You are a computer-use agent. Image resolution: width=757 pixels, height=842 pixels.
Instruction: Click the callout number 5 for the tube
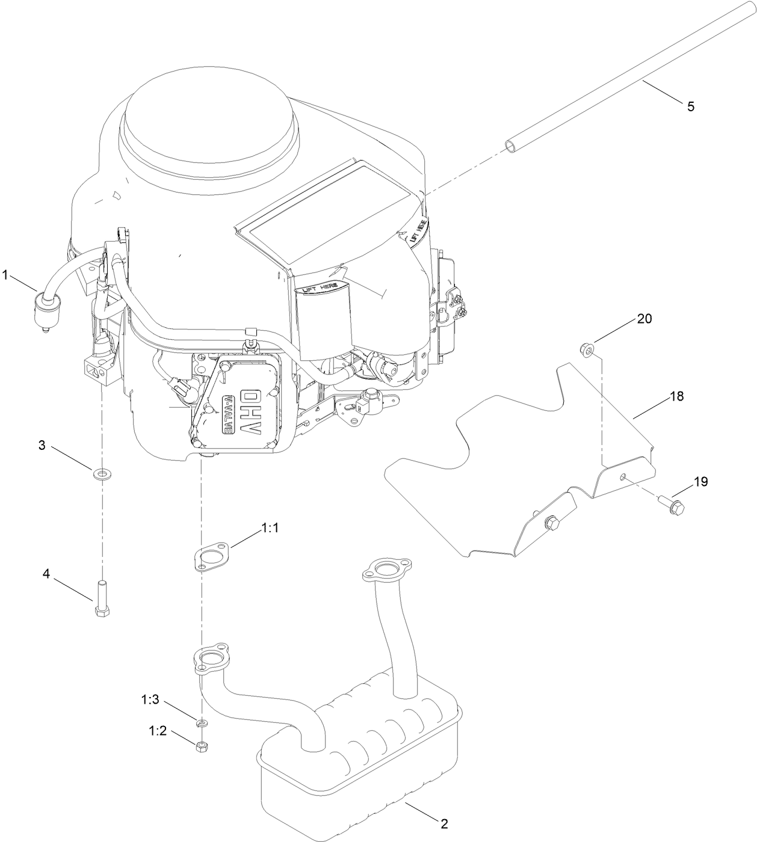(x=690, y=106)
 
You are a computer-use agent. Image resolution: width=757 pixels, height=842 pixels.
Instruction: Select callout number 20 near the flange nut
(x=644, y=319)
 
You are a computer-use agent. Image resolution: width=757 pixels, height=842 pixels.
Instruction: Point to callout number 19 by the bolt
(x=700, y=482)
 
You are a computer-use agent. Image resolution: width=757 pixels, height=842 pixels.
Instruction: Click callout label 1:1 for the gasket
(x=270, y=528)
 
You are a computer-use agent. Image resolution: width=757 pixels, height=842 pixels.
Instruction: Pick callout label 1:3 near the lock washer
(x=150, y=699)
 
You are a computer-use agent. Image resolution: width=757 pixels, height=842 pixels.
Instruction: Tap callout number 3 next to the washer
(x=42, y=446)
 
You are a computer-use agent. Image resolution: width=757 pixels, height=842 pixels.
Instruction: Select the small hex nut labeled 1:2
(x=202, y=747)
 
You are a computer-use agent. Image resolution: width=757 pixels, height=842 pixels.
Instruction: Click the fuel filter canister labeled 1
(x=45, y=312)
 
